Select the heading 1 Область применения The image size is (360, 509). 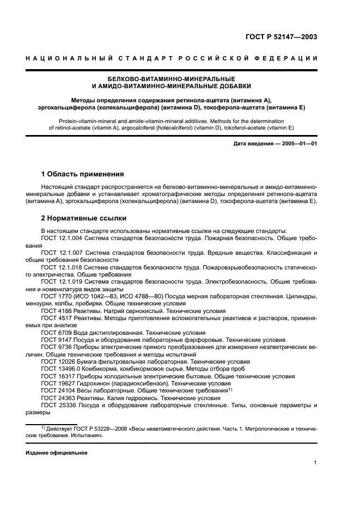point(83,174)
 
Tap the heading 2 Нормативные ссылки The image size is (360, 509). point(84,218)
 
